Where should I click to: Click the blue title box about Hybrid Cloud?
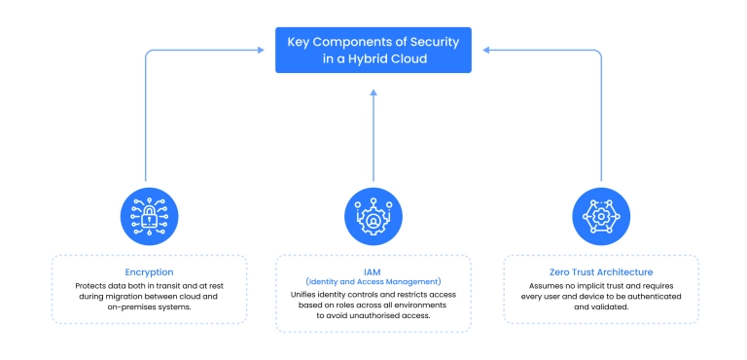coord(373,50)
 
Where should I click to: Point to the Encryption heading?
coord(149,272)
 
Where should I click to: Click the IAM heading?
coord(373,270)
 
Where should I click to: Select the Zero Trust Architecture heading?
coord(600,272)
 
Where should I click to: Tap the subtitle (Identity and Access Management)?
coord(373,281)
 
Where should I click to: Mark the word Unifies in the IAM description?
coord(305,294)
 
